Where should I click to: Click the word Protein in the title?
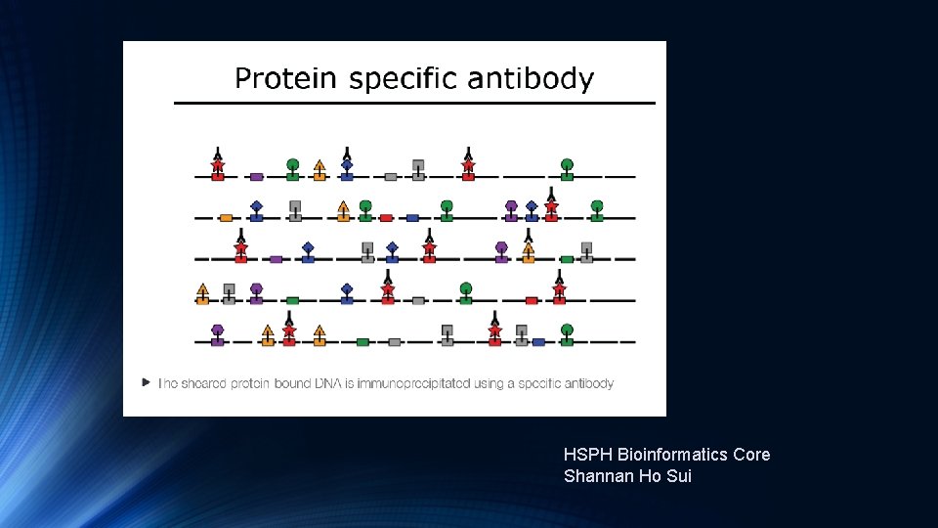coord(286,78)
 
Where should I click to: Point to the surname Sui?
coord(678,477)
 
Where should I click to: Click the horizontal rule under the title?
coord(414,103)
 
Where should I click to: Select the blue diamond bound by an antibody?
coord(347,164)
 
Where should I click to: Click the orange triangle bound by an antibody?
coord(529,248)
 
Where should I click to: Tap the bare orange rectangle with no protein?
coord(226,218)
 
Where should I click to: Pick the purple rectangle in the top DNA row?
coord(256,177)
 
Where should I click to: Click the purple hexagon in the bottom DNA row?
coord(217,330)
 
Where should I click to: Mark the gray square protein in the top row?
coord(418,164)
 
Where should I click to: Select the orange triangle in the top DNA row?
coord(320,165)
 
